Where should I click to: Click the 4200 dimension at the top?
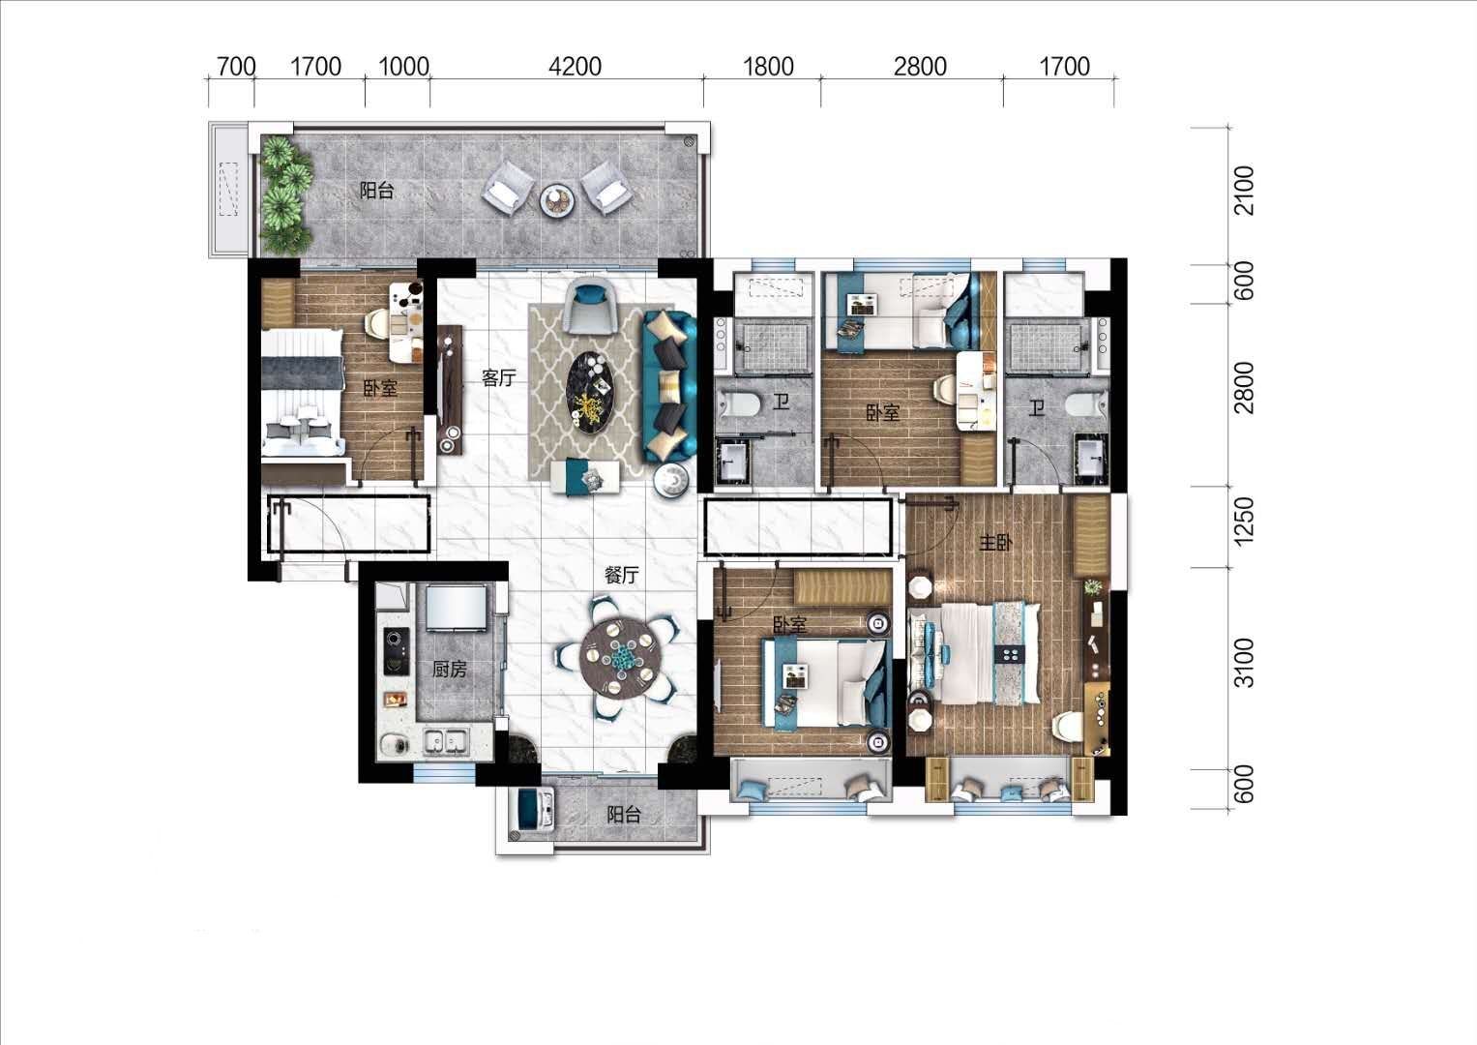575,67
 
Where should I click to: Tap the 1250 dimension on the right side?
1244,522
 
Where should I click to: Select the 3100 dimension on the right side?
1244,663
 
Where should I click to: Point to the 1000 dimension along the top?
403,67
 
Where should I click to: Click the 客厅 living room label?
498,378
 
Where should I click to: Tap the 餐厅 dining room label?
621,576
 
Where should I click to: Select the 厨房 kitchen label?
450,670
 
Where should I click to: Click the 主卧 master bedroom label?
995,542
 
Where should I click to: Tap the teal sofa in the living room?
669,386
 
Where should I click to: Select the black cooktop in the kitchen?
396,651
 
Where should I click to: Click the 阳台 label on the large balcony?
376,191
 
